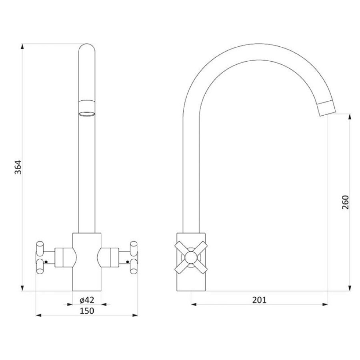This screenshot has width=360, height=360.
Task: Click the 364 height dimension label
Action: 18,167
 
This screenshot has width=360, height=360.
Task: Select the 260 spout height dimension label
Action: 345,202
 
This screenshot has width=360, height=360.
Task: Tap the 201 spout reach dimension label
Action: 260,300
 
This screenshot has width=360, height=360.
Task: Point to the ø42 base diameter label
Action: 87,300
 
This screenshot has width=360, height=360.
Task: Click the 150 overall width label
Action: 87,311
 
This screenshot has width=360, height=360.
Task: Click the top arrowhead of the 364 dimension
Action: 22,46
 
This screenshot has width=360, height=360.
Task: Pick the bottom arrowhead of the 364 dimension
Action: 22,288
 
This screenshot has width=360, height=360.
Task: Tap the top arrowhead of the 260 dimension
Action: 350,117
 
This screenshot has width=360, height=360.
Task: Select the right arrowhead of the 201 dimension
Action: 325,304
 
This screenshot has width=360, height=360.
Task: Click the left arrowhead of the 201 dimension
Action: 194,304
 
